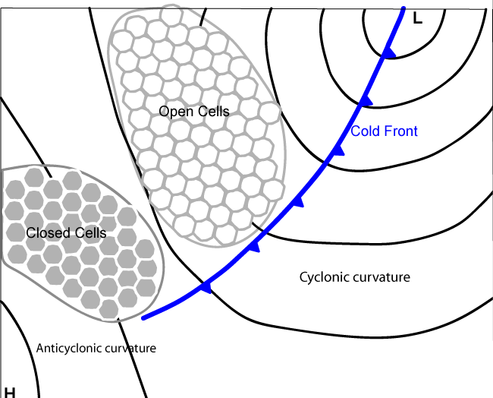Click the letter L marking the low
[416, 18]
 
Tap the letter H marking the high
[10, 392]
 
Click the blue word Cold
[366, 131]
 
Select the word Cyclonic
[325, 277]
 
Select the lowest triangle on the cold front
[205, 286]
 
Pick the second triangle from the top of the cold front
[366, 100]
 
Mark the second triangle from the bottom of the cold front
[254, 247]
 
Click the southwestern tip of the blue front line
[144, 317]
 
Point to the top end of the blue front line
[402, 9]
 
